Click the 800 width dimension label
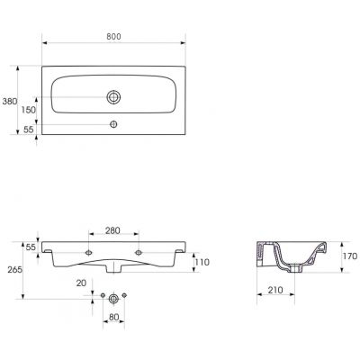pos(113,36)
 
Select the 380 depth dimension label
pos(10,102)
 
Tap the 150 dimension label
pos(29,110)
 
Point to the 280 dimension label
pos(112,230)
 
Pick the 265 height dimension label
pos(14,270)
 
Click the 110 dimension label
pos(202,262)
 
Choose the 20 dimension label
pos(81,283)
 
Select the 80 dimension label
pos(113,317)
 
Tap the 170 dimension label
pos(350,256)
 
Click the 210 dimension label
pos(275,290)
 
